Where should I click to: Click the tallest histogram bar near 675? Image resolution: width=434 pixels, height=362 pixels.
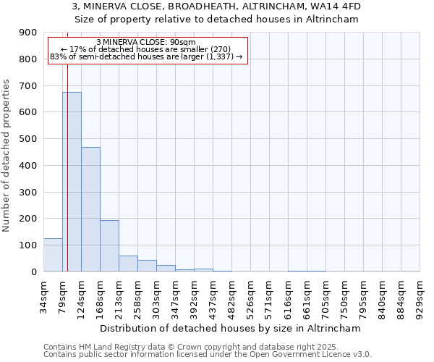[72, 182]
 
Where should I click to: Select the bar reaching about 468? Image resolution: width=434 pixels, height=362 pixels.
[90, 209]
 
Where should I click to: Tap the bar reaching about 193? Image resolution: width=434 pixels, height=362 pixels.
[109, 246]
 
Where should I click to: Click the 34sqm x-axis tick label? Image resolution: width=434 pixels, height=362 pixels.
[43, 295]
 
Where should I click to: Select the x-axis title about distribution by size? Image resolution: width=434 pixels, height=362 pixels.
[231, 328]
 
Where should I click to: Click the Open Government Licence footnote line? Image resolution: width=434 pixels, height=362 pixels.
[208, 354]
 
